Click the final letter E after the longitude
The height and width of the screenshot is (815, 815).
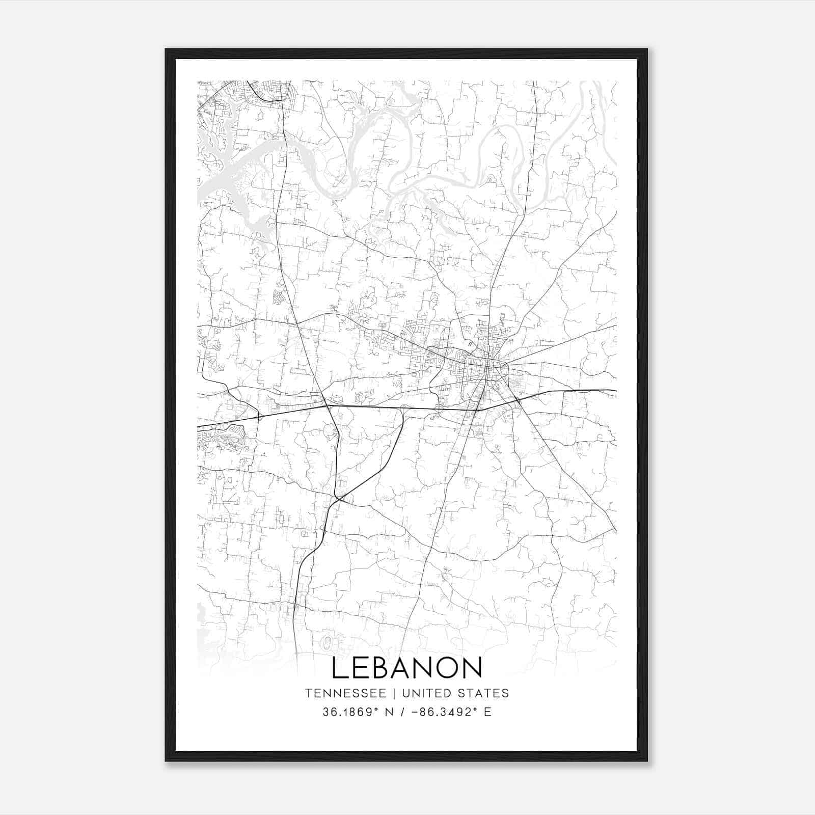pos(488,712)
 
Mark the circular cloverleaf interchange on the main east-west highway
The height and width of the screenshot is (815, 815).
pos(439,407)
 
